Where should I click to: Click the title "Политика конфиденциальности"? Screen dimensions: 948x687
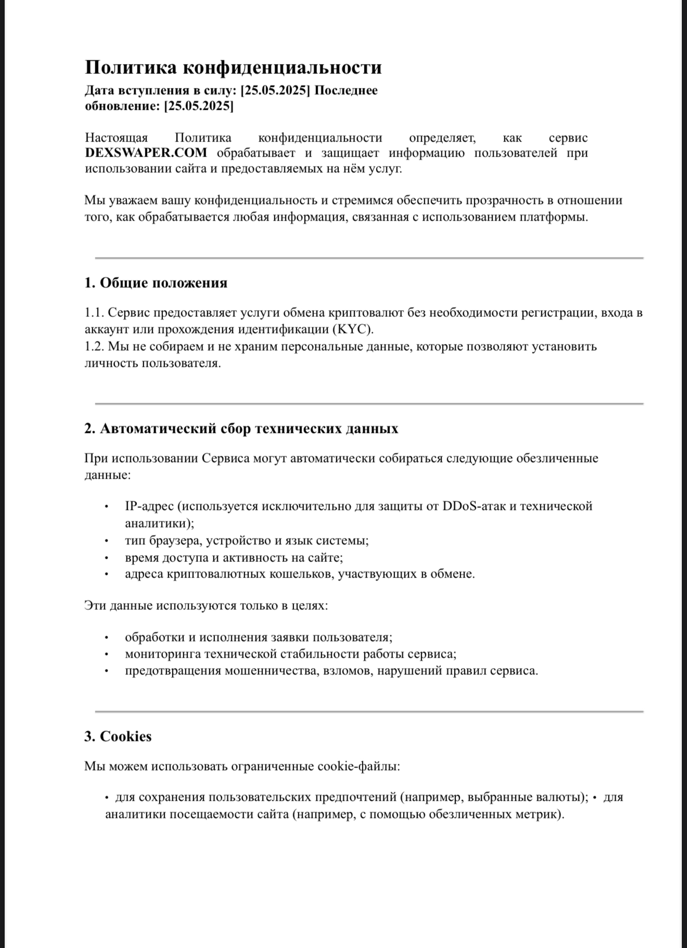click(x=233, y=68)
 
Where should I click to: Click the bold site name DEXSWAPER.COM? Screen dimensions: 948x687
click(x=146, y=153)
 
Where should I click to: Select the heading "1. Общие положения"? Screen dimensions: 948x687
click(x=156, y=283)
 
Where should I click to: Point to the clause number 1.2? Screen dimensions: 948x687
click(x=94, y=347)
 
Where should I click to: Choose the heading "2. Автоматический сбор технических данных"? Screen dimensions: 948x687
click(x=241, y=429)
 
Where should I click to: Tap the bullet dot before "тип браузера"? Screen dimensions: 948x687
click(x=106, y=541)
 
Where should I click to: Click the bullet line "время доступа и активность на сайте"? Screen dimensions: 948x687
click(x=234, y=558)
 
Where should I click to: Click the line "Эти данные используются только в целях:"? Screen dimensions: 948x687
click(x=206, y=606)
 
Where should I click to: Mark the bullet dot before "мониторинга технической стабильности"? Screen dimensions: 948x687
click(x=106, y=655)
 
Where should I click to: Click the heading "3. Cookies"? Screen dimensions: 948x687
click(x=118, y=737)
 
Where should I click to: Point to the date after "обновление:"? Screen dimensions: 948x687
click(x=199, y=107)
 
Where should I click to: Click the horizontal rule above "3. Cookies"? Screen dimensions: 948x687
click(x=369, y=711)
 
